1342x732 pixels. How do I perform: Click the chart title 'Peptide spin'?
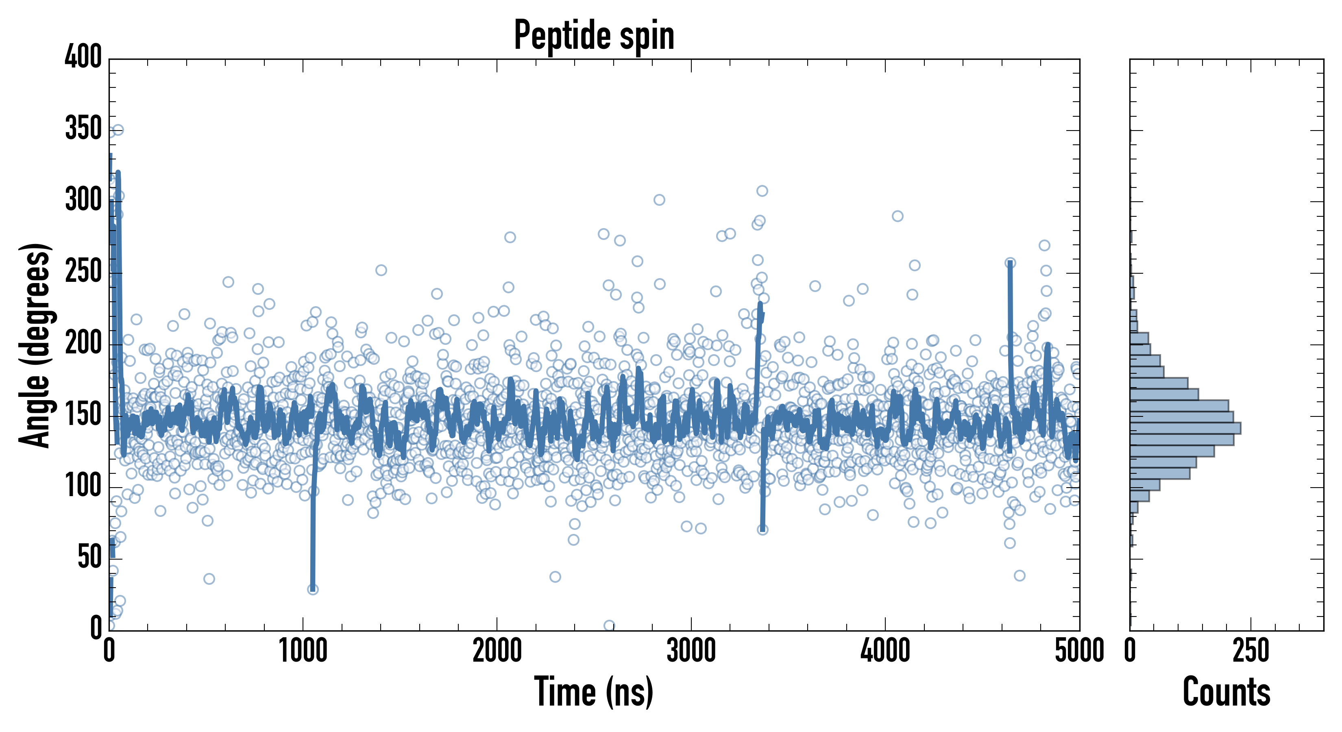coord(594,35)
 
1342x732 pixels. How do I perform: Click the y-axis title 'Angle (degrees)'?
coord(35,345)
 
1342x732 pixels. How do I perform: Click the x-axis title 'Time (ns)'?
coord(593,691)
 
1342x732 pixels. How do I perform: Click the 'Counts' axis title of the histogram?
coord(1227,691)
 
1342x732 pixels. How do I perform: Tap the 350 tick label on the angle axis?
coord(83,128)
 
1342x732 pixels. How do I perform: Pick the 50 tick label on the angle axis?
coord(89,558)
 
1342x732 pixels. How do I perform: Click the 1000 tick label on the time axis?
coord(303,651)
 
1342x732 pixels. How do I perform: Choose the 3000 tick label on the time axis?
coord(691,651)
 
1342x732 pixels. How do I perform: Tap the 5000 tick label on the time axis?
coord(1079,651)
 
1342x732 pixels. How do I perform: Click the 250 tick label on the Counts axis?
coord(1251,651)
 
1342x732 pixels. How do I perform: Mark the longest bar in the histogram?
coord(1185,428)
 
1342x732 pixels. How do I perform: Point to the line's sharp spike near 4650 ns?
coord(1010,264)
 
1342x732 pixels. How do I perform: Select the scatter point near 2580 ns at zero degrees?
coord(609,625)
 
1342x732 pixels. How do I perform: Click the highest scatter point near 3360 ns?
coord(762,191)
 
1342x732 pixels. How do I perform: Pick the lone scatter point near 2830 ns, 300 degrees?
coord(659,200)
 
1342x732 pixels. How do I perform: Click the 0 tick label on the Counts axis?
coord(1130,651)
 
